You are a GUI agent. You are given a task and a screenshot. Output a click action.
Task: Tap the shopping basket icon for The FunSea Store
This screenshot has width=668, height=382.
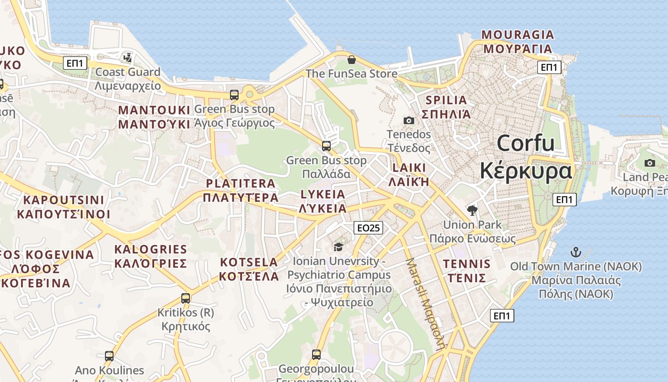(x=352, y=60)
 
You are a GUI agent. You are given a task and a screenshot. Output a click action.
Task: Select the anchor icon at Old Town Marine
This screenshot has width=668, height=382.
(x=576, y=252)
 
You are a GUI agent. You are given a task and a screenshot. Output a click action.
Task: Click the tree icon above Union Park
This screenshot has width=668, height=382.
(x=472, y=210)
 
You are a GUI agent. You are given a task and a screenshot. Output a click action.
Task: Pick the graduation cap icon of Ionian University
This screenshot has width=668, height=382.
(x=338, y=247)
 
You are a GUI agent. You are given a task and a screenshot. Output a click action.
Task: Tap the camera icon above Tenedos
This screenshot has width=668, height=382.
(x=409, y=120)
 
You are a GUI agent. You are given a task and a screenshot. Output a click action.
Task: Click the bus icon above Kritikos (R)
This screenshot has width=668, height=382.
(x=186, y=298)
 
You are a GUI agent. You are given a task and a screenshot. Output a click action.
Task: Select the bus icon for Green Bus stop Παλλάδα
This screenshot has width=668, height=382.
(x=326, y=146)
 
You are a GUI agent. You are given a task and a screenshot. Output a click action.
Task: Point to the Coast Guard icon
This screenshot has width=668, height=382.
(x=127, y=58)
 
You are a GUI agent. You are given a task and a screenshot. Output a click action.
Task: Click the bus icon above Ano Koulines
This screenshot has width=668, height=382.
(x=109, y=356)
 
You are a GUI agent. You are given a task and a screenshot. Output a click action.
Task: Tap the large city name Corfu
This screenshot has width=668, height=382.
(x=525, y=143)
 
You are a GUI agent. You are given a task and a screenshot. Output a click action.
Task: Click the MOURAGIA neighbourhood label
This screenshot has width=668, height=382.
(x=518, y=35)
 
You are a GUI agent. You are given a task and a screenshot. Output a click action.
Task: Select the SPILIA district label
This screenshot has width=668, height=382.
(x=446, y=100)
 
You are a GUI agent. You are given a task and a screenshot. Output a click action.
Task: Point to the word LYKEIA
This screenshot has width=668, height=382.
(x=323, y=194)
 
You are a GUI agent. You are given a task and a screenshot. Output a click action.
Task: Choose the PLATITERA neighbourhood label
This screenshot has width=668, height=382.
(x=240, y=183)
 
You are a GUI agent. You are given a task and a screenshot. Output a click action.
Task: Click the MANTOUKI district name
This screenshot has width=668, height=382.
(x=154, y=110)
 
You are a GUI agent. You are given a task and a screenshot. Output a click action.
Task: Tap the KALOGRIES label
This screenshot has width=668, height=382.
(x=151, y=249)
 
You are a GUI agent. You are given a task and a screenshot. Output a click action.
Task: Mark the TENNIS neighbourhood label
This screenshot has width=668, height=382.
(x=467, y=264)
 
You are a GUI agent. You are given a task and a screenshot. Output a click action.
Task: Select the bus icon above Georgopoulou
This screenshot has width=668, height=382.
(x=316, y=354)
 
